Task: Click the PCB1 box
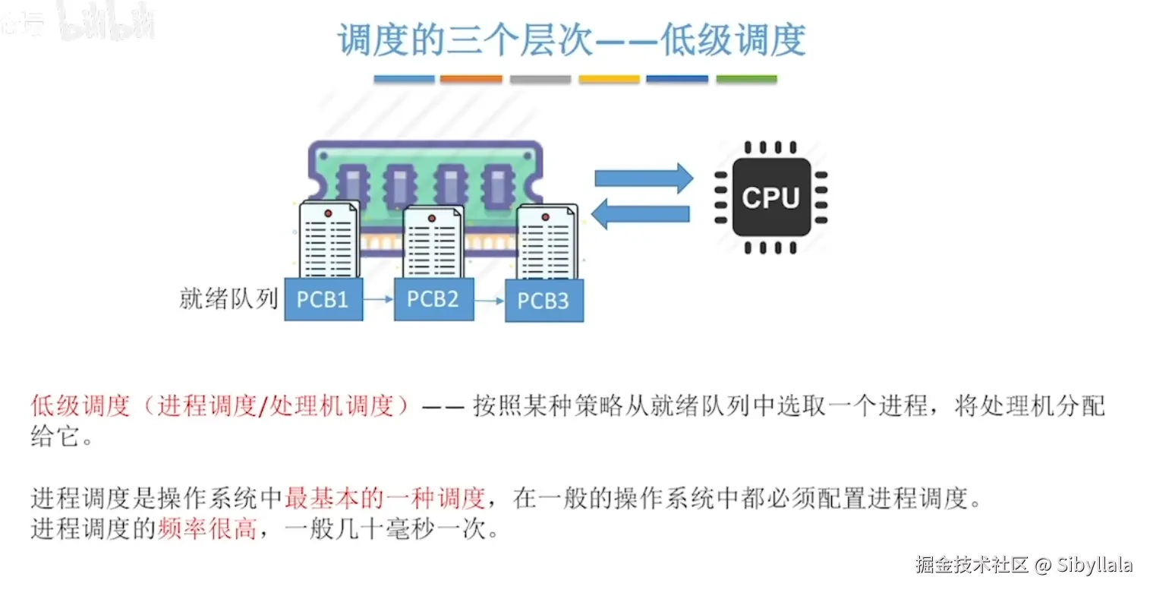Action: pyautogui.click(x=323, y=299)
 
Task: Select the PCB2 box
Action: pyautogui.click(x=434, y=299)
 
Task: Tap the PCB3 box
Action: pyautogui.click(x=544, y=301)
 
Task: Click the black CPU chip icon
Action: pyautogui.click(x=771, y=197)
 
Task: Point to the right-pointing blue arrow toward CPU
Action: pyautogui.click(x=644, y=178)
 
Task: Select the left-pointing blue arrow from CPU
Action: pyautogui.click(x=640, y=213)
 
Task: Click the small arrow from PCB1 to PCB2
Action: pyautogui.click(x=378, y=299)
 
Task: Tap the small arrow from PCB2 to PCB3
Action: pyautogui.click(x=490, y=301)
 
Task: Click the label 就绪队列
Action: pyautogui.click(x=228, y=298)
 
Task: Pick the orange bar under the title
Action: pyautogui.click(x=471, y=78)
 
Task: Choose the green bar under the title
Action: pyautogui.click(x=746, y=78)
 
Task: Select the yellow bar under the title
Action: pyautogui.click(x=610, y=78)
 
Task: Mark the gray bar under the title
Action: pyautogui.click(x=540, y=78)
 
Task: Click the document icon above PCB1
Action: pyautogui.click(x=329, y=239)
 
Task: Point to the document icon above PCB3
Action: pyautogui.click(x=547, y=241)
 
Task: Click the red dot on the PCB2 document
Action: pyautogui.click(x=432, y=218)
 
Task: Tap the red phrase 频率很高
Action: pyautogui.click(x=207, y=528)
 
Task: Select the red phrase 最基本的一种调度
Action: pyautogui.click(x=385, y=497)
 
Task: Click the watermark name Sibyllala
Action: pyautogui.click(x=1095, y=565)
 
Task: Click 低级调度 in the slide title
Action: pyautogui.click(x=733, y=39)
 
